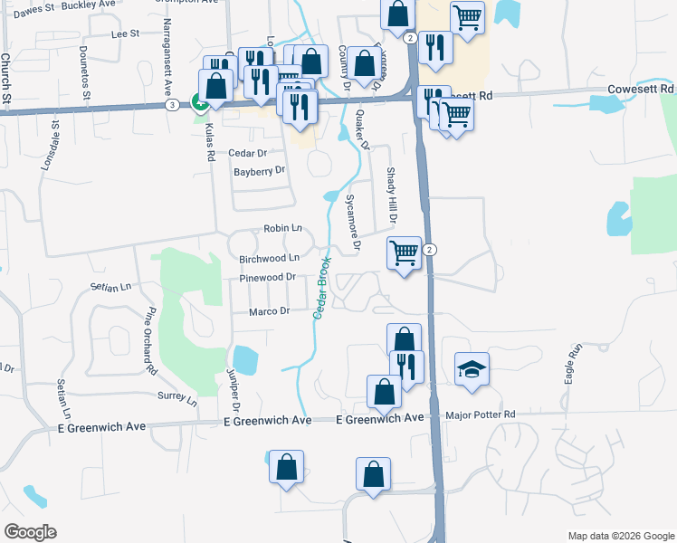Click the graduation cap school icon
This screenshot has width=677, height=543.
click(472, 369)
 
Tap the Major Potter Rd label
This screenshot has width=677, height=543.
click(481, 415)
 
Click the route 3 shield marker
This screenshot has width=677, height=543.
click(172, 105)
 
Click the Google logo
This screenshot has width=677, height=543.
click(29, 532)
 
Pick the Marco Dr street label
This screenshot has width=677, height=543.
click(270, 311)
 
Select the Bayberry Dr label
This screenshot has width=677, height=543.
click(259, 170)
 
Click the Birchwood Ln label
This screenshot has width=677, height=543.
click(269, 259)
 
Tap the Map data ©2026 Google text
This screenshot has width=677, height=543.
click(620, 536)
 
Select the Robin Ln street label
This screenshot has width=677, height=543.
click(282, 229)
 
